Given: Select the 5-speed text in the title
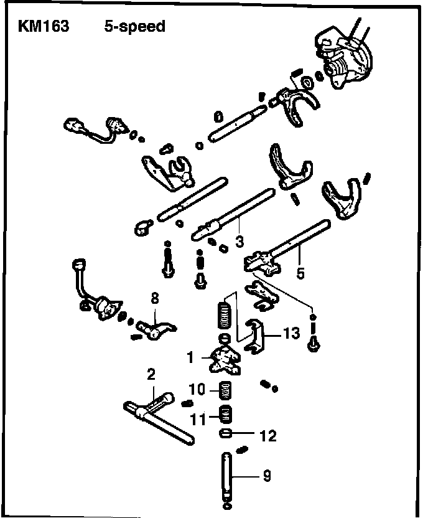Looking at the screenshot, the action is (x=134, y=27).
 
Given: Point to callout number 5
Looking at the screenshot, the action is (x=300, y=272).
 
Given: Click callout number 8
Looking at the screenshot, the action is (x=154, y=299).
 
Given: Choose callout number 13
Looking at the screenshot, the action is (x=291, y=334).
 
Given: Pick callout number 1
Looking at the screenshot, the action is (x=190, y=357).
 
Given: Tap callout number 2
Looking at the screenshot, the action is (x=151, y=375).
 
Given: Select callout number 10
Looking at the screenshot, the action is (x=197, y=390).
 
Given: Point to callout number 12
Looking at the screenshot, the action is (x=268, y=436).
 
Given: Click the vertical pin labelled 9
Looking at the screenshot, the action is (x=226, y=476).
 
